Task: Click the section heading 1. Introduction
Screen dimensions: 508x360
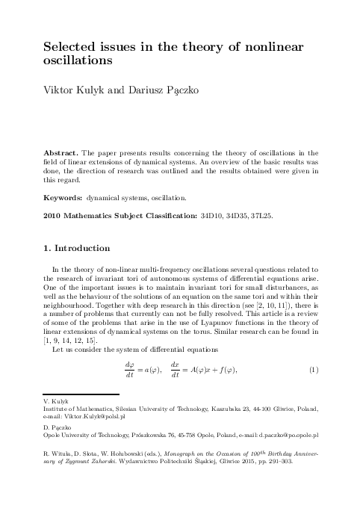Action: (x=77, y=249)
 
